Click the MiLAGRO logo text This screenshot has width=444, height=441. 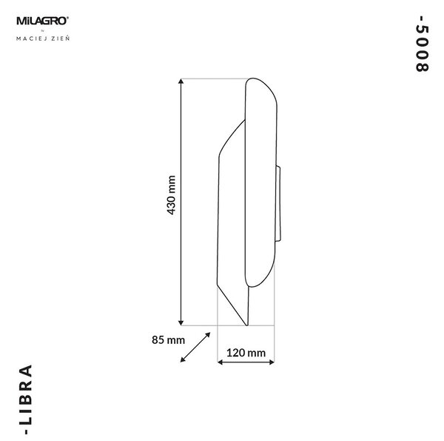click(x=42, y=21)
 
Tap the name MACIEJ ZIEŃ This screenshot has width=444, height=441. click(x=43, y=39)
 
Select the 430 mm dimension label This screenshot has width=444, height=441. click(x=172, y=195)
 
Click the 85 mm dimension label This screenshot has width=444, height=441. click(x=168, y=339)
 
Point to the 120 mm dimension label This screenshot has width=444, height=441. click(x=246, y=353)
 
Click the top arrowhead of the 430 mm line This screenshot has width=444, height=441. click(x=181, y=82)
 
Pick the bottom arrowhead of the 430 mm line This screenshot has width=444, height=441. click(x=181, y=322)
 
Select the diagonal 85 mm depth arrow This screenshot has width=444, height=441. click(x=195, y=347)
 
